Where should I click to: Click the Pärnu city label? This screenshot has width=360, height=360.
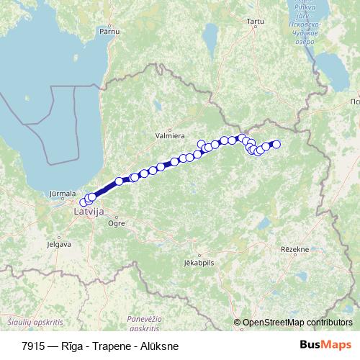[109, 32]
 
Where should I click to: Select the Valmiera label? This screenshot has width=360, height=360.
[171, 134]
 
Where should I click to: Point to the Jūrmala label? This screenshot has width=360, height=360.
[63, 194]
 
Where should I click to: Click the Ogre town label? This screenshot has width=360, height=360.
[116, 224]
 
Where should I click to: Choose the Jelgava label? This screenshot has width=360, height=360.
[59, 244]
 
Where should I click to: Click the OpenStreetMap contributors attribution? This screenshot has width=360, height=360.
[297, 323]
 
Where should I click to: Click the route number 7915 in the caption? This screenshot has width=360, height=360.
[32, 346]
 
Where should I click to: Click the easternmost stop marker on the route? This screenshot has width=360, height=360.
[276, 145]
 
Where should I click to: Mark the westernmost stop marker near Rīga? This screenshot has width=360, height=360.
[84, 202]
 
